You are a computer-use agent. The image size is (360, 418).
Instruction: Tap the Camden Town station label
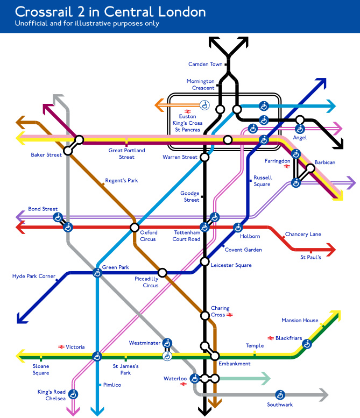coord(205,65)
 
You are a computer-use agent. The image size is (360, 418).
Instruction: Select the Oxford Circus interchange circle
coord(135,227)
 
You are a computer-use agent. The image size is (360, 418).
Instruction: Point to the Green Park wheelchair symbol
coord(97,273)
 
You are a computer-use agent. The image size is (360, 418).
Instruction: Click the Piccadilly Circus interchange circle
coord(163,273)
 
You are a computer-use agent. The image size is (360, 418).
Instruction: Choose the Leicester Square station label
coord(231,265)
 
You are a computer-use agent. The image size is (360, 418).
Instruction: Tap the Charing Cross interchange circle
coord(204,315)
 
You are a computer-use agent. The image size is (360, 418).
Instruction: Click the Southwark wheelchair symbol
coord(280,395)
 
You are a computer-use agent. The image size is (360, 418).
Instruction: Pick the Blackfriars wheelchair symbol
coord(307,344)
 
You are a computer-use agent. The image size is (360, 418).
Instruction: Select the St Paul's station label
coord(310,258)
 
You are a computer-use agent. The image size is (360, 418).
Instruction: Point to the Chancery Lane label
coord(303,234)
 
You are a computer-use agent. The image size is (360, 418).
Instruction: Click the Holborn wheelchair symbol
coord(237,227)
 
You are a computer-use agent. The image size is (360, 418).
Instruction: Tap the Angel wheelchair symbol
coord(300,129)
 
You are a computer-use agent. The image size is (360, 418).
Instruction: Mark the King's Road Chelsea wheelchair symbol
coord(73,395)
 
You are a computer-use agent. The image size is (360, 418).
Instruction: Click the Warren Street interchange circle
coord(204,157)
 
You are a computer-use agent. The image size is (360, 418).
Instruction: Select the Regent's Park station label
coord(121,181)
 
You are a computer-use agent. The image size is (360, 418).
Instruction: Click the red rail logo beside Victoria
coord(61,347)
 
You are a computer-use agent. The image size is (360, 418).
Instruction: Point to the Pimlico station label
coord(112,385)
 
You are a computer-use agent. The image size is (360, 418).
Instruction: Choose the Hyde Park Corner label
coord(33,277)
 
